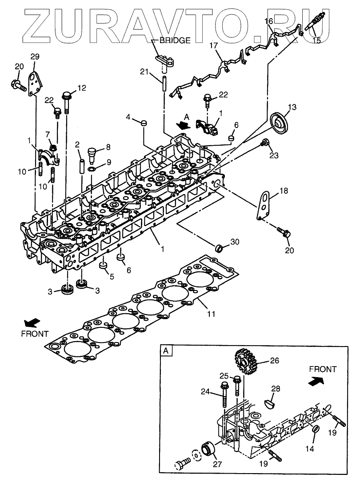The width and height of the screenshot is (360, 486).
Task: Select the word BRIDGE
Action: (x=175, y=40)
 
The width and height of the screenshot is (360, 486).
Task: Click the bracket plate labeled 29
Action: (x=35, y=82)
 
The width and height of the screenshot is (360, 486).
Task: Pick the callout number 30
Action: (x=235, y=242)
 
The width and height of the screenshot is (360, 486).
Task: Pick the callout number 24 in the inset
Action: (x=204, y=391)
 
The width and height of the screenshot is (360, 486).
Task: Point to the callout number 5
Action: (x=112, y=276)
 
